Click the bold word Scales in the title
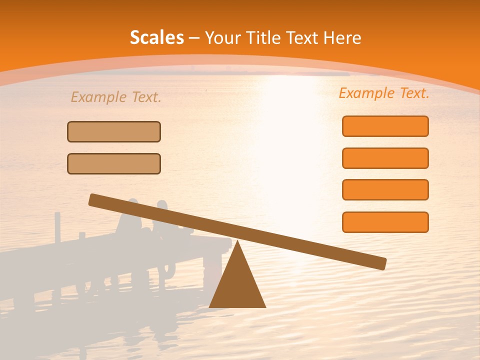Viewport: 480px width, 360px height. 156,37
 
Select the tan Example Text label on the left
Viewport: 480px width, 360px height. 116,97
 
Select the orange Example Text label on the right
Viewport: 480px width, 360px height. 384,93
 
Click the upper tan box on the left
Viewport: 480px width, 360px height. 114,131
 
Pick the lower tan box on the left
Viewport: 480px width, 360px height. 114,163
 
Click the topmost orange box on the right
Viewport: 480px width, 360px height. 385,126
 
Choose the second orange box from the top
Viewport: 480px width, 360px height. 385,158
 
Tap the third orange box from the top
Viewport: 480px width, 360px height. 385,189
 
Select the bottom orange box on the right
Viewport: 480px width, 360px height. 385,222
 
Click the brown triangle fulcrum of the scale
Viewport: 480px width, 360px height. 237,282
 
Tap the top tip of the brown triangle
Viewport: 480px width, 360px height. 237,243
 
